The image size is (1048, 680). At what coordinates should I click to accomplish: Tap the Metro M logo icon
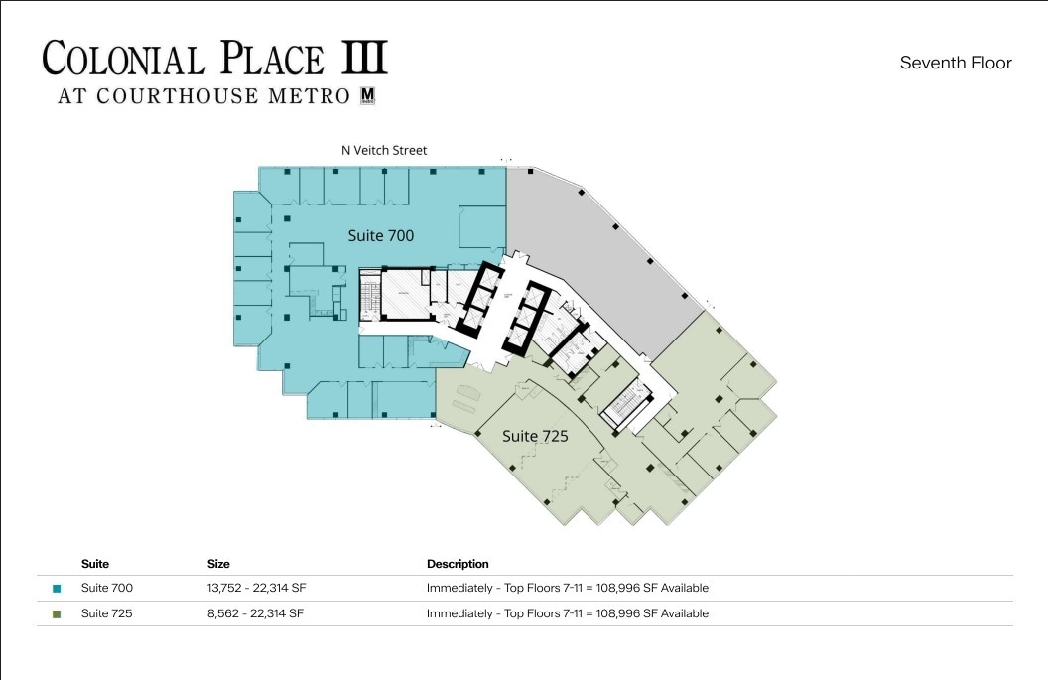coord(368,96)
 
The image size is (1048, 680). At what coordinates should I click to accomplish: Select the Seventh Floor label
coord(955,63)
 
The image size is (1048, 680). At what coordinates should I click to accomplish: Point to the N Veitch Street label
coord(384,151)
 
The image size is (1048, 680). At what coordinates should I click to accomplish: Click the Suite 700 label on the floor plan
coord(380,236)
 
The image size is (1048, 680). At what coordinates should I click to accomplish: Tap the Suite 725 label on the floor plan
coord(535,436)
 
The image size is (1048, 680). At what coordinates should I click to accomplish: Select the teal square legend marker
coord(57,589)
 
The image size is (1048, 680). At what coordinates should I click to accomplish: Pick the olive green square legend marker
coord(57,614)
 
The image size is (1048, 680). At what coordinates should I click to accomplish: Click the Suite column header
coord(95,564)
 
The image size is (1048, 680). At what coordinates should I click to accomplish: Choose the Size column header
coord(218,564)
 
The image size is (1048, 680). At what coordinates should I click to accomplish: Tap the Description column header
coord(458,564)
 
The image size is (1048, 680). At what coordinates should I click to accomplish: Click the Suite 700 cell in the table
coord(107,588)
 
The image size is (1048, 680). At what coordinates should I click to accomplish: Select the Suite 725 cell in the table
coord(107,613)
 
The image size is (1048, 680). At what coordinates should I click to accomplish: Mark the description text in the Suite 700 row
coord(567,588)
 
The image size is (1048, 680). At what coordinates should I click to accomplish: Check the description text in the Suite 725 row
coord(567,613)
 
